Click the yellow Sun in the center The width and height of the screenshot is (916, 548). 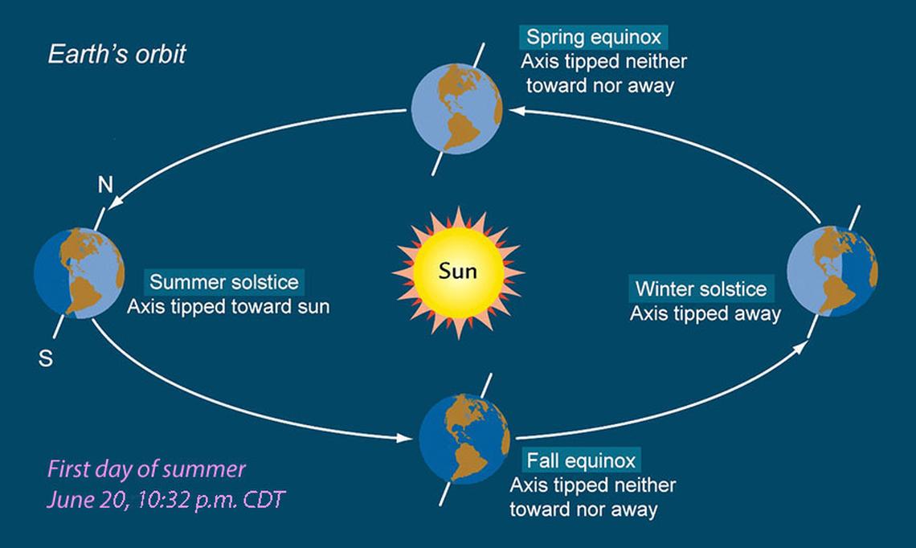(459, 272)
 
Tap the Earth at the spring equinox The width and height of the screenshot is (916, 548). (457, 108)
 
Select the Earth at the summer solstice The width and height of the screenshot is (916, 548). (80, 273)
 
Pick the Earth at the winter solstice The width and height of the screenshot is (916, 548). (832, 271)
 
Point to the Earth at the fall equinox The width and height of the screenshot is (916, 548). (465, 439)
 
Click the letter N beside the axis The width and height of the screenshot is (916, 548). (105, 185)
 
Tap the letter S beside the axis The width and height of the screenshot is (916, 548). (46, 358)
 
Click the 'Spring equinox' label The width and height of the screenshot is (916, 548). (594, 37)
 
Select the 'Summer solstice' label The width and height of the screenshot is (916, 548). (224, 282)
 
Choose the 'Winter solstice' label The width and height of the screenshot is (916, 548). (701, 288)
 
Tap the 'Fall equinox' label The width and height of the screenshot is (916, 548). (581, 460)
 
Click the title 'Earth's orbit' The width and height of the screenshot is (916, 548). (117, 55)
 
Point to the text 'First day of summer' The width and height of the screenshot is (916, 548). (146, 469)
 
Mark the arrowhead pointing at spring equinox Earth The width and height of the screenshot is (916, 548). (516, 110)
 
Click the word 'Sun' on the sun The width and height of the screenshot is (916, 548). (458, 271)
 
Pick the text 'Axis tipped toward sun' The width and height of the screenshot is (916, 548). (228, 307)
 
